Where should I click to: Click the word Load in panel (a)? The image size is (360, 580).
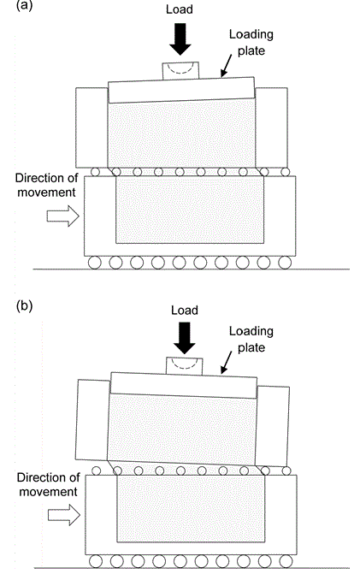point(180,9)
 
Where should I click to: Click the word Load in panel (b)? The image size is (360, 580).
point(185,310)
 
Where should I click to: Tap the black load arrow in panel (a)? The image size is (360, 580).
point(180,39)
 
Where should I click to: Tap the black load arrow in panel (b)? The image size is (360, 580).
point(185,338)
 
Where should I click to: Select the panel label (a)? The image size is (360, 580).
point(25,6)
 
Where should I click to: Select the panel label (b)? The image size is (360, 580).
point(25,306)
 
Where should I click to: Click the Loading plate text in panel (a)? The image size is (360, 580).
point(251,43)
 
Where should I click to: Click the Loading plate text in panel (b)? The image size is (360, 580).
point(251,340)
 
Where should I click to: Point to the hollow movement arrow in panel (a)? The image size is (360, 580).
point(62,216)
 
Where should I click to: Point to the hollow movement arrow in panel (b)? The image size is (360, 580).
point(64,514)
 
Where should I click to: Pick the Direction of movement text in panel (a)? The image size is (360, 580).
point(46,186)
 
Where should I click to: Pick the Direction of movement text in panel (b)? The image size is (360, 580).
point(49,484)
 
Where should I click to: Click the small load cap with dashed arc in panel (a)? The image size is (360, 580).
point(180,70)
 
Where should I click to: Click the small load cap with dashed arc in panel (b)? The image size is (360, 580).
point(185,366)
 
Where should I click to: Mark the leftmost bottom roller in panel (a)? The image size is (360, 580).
point(95,263)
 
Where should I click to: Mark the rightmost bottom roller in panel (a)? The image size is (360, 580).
point(285,263)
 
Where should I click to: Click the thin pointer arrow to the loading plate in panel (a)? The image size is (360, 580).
point(227,66)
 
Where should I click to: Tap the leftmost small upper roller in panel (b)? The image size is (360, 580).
point(96,471)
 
